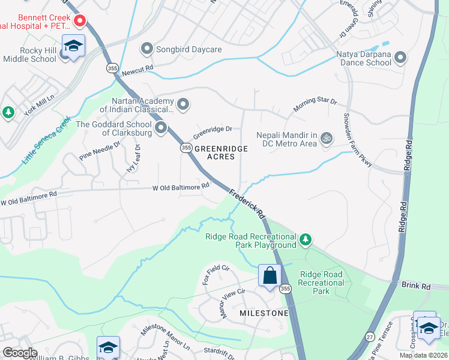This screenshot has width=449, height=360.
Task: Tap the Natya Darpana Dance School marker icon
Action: tap(400, 58)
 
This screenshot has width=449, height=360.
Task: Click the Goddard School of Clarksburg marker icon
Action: tap(160, 128)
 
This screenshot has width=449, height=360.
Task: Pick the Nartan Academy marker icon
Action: tap(183, 105)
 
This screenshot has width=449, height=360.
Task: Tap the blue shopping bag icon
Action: tap(270, 276)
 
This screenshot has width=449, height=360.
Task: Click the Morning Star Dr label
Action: tap(315, 105)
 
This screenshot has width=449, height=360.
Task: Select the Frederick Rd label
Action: tap(247, 203)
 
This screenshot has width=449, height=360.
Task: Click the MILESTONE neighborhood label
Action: tap(264, 314)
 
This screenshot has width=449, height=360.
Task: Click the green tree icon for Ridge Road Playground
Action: tap(306, 240)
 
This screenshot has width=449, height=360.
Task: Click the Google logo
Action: tap(20, 353)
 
